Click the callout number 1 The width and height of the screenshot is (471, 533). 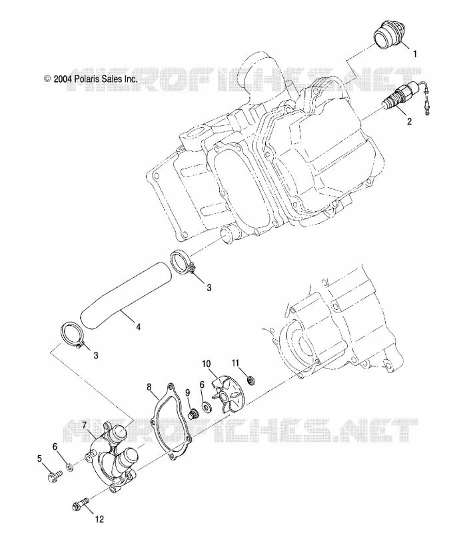[x=414, y=54]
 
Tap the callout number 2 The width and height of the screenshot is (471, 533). [x=410, y=121]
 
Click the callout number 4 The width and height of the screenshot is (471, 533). [x=139, y=326]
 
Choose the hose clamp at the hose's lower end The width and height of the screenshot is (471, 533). [x=71, y=335]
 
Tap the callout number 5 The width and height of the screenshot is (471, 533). [x=39, y=459]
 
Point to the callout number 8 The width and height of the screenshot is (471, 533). [x=149, y=387]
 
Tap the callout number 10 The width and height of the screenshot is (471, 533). [x=207, y=364]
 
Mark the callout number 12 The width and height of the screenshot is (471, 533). [x=99, y=519]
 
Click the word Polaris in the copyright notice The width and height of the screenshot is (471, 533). [x=86, y=79]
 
